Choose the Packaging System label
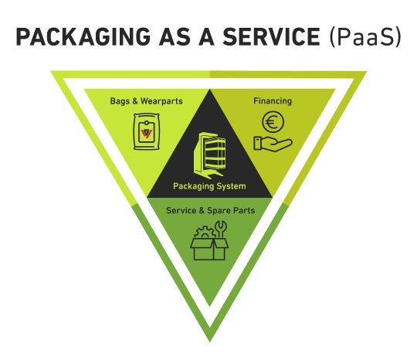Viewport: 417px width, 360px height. tap(208, 186)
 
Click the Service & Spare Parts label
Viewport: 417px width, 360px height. tap(208, 209)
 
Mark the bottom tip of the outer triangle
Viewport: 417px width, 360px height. tap(208, 340)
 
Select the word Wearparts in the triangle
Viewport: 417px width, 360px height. tap(154, 100)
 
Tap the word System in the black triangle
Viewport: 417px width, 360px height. tap(230, 186)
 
